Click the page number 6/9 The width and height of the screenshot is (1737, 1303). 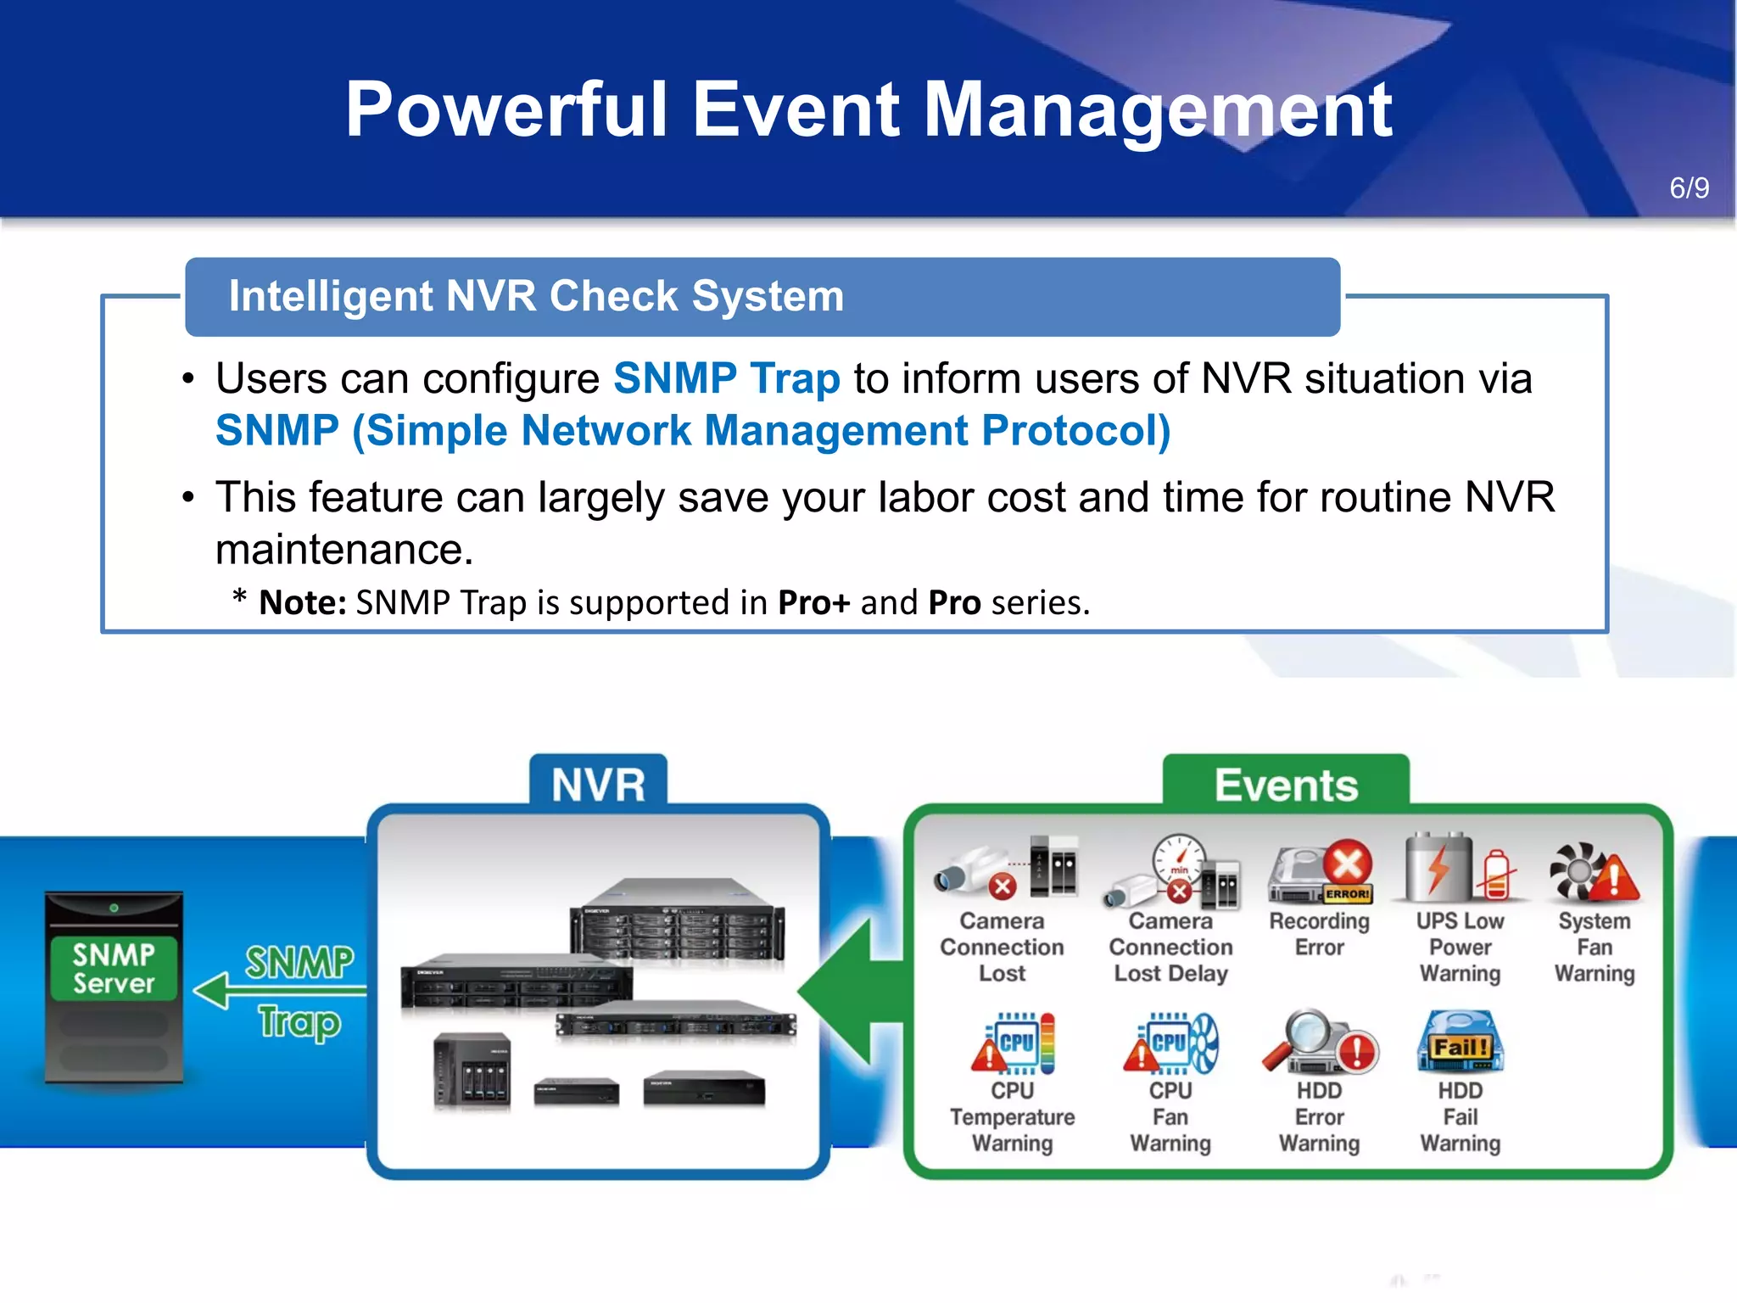[x=1688, y=187]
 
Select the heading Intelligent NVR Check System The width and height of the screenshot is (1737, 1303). [x=536, y=296]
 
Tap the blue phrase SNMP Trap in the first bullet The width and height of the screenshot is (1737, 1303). [x=726, y=378]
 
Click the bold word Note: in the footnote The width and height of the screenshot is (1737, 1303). [x=302, y=603]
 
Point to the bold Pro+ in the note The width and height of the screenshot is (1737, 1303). [x=813, y=603]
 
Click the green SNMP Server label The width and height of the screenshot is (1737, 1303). [x=114, y=969]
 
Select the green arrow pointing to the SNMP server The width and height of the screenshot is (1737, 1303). [x=271, y=990]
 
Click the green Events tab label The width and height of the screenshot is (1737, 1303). [x=1286, y=785]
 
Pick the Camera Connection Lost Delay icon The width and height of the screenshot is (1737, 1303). [x=1172, y=872]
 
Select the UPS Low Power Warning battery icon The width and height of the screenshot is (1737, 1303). [x=1458, y=869]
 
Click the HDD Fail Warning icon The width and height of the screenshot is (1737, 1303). [x=1460, y=1043]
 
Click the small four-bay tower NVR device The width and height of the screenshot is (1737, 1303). [x=472, y=1071]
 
